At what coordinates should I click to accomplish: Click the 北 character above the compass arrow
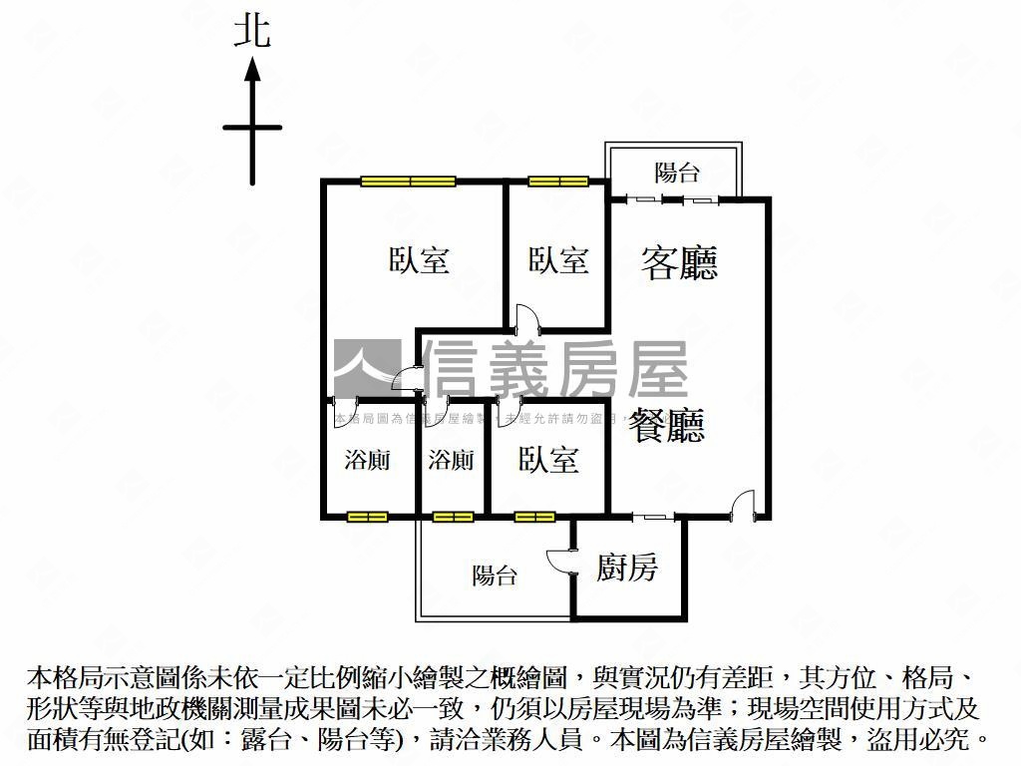click(252, 31)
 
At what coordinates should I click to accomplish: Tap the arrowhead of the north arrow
click(253, 70)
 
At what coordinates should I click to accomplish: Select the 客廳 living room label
click(679, 262)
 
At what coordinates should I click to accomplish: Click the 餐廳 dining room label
click(666, 424)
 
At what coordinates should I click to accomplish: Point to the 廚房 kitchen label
click(627, 568)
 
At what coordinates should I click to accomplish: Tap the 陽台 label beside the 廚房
click(495, 575)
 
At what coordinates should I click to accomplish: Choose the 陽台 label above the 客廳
click(677, 173)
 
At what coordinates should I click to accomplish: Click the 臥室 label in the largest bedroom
click(419, 260)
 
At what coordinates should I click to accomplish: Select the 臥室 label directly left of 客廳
click(558, 260)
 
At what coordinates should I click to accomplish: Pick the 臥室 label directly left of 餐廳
click(548, 460)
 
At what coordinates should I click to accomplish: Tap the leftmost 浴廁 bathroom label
click(367, 460)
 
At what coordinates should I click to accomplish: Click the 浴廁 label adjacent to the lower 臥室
click(451, 460)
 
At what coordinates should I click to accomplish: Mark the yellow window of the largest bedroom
click(409, 182)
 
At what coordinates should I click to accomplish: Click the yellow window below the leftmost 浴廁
click(367, 517)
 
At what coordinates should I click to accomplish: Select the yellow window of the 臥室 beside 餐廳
click(534, 517)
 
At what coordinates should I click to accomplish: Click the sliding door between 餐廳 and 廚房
click(654, 517)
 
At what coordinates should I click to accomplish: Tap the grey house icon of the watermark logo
click(366, 369)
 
